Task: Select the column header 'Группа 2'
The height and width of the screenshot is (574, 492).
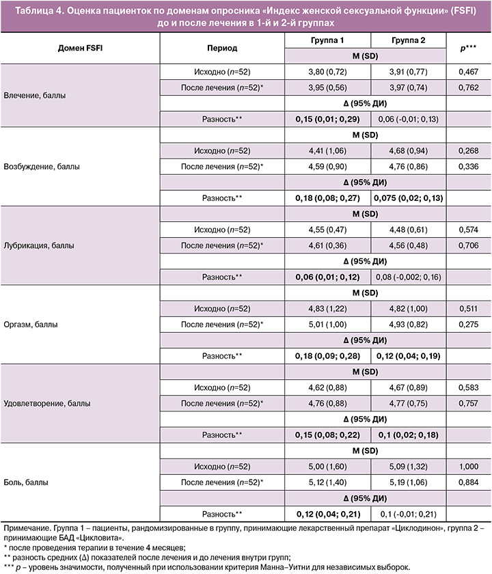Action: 409,40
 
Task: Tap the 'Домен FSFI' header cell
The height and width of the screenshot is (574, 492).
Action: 81,48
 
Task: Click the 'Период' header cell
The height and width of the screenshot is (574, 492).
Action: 221,48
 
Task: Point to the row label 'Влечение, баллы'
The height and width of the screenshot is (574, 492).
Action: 36,96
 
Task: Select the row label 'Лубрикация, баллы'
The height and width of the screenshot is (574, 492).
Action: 40,244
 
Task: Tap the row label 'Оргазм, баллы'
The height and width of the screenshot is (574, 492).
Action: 31,323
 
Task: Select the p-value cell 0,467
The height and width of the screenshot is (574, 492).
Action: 468,70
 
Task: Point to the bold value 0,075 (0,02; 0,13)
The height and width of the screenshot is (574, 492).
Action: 409,198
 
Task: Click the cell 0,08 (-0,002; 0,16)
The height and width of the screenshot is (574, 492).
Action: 409,277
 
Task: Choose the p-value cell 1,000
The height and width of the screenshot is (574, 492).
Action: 468,467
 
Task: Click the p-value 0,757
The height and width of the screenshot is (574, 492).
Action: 468,403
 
